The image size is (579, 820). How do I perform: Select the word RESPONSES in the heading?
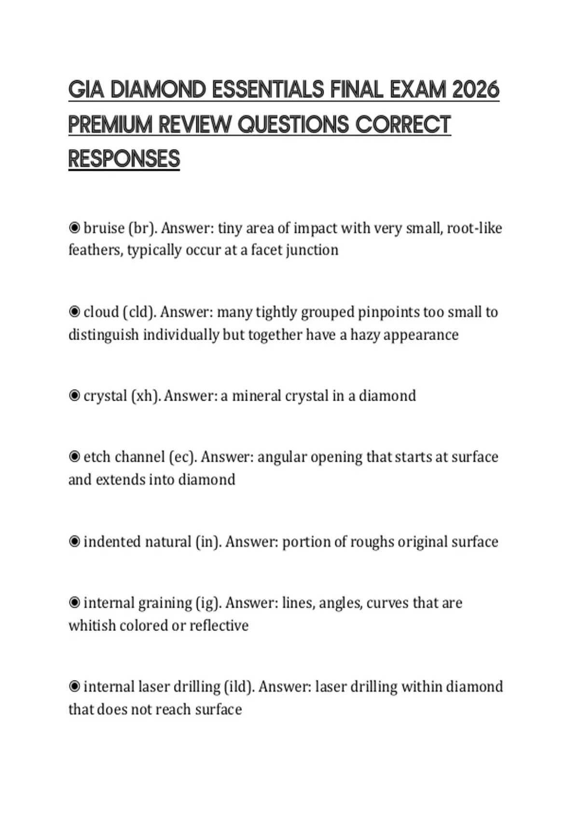click(x=124, y=159)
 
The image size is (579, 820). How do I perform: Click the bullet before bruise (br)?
click(x=74, y=228)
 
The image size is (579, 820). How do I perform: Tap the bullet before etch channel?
click(x=74, y=456)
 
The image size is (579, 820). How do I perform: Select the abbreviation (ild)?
click(x=239, y=686)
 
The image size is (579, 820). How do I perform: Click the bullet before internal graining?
click(x=74, y=603)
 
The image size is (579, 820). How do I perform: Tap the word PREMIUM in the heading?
click(x=110, y=124)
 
